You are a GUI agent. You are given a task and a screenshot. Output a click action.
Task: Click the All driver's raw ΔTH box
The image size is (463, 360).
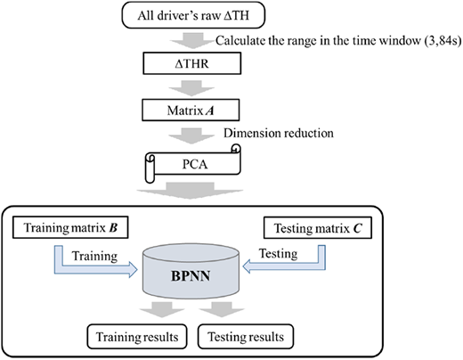tap(193, 15)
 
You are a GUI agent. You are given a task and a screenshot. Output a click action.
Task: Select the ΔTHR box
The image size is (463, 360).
tap(192, 63)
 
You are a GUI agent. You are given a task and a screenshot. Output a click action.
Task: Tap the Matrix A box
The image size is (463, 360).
tap(191, 110)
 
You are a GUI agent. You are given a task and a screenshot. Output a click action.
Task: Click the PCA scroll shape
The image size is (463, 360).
tap(193, 164)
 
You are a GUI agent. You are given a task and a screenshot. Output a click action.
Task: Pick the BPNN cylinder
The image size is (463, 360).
tap(191, 271)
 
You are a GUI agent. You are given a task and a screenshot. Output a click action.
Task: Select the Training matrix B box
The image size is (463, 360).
tap(70, 227)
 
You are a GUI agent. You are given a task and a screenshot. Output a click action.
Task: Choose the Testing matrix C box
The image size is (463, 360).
tap(318, 228)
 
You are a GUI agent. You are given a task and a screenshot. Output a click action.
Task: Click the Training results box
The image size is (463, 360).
tap(137, 337)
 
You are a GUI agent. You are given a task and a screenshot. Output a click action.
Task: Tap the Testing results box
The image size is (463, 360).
tap(246, 337)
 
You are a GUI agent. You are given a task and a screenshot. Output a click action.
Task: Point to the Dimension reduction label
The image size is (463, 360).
tap(279, 133)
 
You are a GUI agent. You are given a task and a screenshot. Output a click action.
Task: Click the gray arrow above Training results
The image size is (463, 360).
tap(162, 309)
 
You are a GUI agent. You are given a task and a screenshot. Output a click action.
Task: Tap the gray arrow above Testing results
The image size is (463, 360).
tap(222, 309)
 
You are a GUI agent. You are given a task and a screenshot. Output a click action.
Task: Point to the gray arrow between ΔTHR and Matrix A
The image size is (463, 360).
tap(191, 87)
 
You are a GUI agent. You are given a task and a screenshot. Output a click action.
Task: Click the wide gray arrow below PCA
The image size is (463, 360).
tap(190, 191)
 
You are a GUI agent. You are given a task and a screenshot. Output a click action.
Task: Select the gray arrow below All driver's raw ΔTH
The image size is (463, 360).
tap(192, 40)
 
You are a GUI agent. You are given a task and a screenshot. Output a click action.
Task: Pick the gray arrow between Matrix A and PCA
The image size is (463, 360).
tap(191, 135)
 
